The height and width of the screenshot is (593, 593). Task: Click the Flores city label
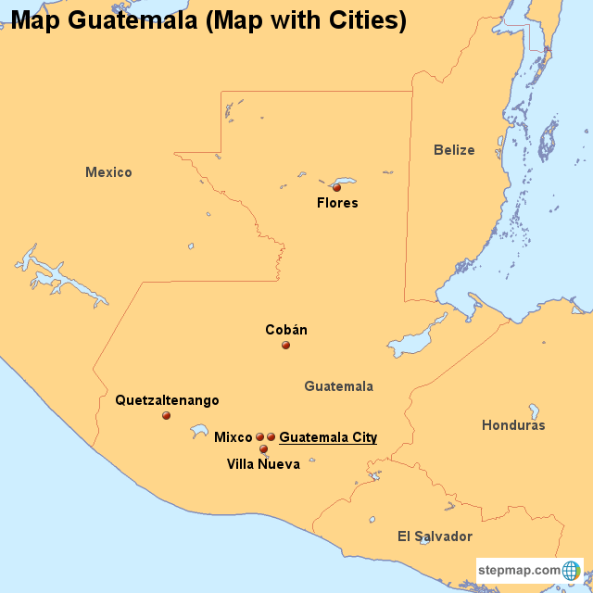(x=337, y=203)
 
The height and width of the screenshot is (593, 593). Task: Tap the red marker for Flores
(x=336, y=187)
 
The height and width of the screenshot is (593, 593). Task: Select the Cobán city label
(x=286, y=330)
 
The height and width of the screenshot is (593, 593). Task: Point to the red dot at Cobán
(x=285, y=346)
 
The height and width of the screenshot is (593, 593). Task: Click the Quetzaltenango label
(x=167, y=400)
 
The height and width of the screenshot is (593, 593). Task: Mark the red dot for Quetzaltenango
(x=166, y=416)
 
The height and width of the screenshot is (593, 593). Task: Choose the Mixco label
(x=233, y=436)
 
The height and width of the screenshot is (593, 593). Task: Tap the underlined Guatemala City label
(x=328, y=437)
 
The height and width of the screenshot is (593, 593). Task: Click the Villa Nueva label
(x=263, y=464)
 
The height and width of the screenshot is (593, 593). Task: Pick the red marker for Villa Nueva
(x=263, y=449)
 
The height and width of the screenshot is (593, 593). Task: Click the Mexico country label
(x=108, y=172)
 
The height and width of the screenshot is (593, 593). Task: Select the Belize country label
(x=454, y=150)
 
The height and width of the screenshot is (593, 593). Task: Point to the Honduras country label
(x=513, y=425)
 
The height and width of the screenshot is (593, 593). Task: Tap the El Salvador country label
(x=435, y=536)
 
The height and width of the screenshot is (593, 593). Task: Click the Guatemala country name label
(x=338, y=386)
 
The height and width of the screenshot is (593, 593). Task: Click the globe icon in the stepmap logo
(x=572, y=570)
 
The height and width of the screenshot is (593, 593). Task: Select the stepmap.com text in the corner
(x=520, y=570)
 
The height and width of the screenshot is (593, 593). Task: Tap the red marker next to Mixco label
(x=260, y=436)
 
